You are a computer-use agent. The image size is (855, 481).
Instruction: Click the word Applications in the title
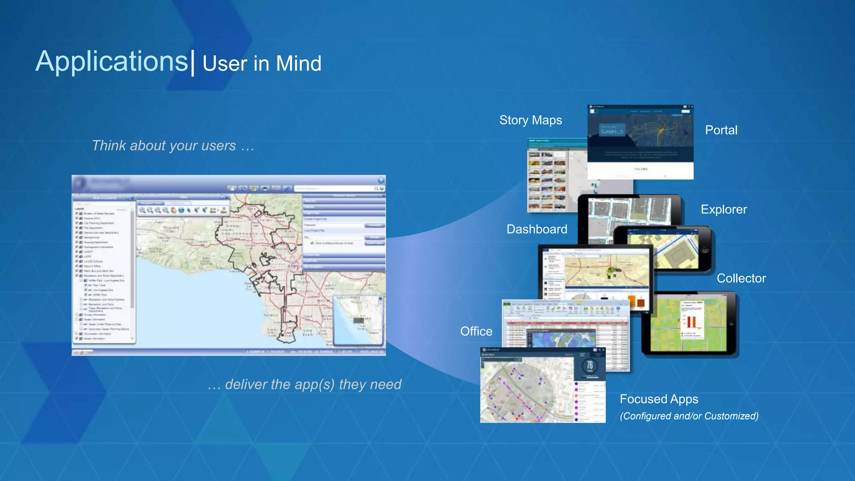112,61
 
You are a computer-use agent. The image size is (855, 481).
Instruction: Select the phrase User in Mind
262,64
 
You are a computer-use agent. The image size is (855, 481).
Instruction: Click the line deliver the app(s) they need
305,384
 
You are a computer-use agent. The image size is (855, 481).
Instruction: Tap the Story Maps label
530,120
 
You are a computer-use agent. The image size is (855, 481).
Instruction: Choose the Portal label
721,130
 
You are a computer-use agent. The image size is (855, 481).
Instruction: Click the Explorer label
723,210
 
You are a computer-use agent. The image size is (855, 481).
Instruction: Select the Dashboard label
536,229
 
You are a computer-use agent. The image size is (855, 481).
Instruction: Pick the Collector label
741,278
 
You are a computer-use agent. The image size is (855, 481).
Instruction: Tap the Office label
476,332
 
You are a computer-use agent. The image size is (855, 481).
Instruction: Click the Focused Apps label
659,399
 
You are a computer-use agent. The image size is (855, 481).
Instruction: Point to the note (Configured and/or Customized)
689,416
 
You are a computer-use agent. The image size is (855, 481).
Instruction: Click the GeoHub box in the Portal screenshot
612,130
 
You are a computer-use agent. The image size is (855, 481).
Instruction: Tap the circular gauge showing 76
589,366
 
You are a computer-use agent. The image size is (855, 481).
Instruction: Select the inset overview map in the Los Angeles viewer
358,320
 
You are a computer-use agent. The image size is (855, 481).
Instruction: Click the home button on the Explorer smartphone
705,250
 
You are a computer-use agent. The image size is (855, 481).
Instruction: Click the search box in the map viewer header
334,189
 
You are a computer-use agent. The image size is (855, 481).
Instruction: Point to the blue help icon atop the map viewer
381,180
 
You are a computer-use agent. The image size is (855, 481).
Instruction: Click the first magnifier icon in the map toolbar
142,210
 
